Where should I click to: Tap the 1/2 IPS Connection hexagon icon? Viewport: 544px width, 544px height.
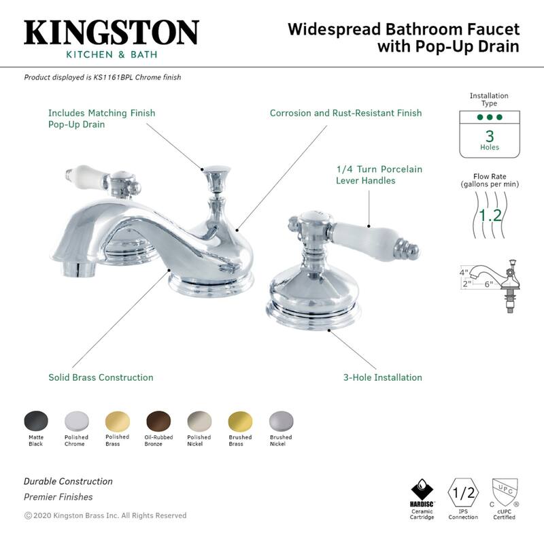pos(462,491)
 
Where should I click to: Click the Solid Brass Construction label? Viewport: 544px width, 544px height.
pos(101,377)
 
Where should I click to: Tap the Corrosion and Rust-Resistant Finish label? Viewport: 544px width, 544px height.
pos(345,113)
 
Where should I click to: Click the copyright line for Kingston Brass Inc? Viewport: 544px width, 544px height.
pos(105,515)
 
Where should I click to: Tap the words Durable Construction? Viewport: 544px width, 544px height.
pos(68,481)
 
